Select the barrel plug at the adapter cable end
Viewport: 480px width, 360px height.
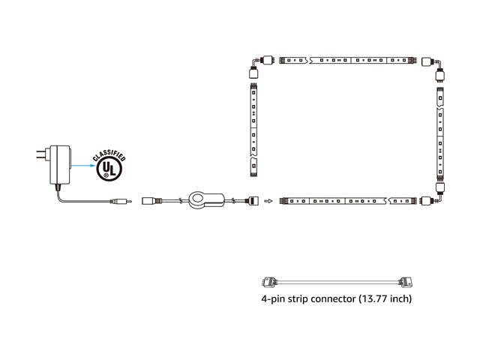click(x=120, y=201)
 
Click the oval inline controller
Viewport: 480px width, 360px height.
click(x=205, y=200)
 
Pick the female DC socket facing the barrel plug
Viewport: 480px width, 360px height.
click(x=150, y=201)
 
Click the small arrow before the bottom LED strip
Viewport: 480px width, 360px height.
click(x=268, y=201)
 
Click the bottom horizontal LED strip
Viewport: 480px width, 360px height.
click(x=337, y=201)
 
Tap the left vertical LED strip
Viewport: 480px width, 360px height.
click(x=254, y=127)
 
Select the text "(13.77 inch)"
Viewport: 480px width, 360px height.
click(x=385, y=298)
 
